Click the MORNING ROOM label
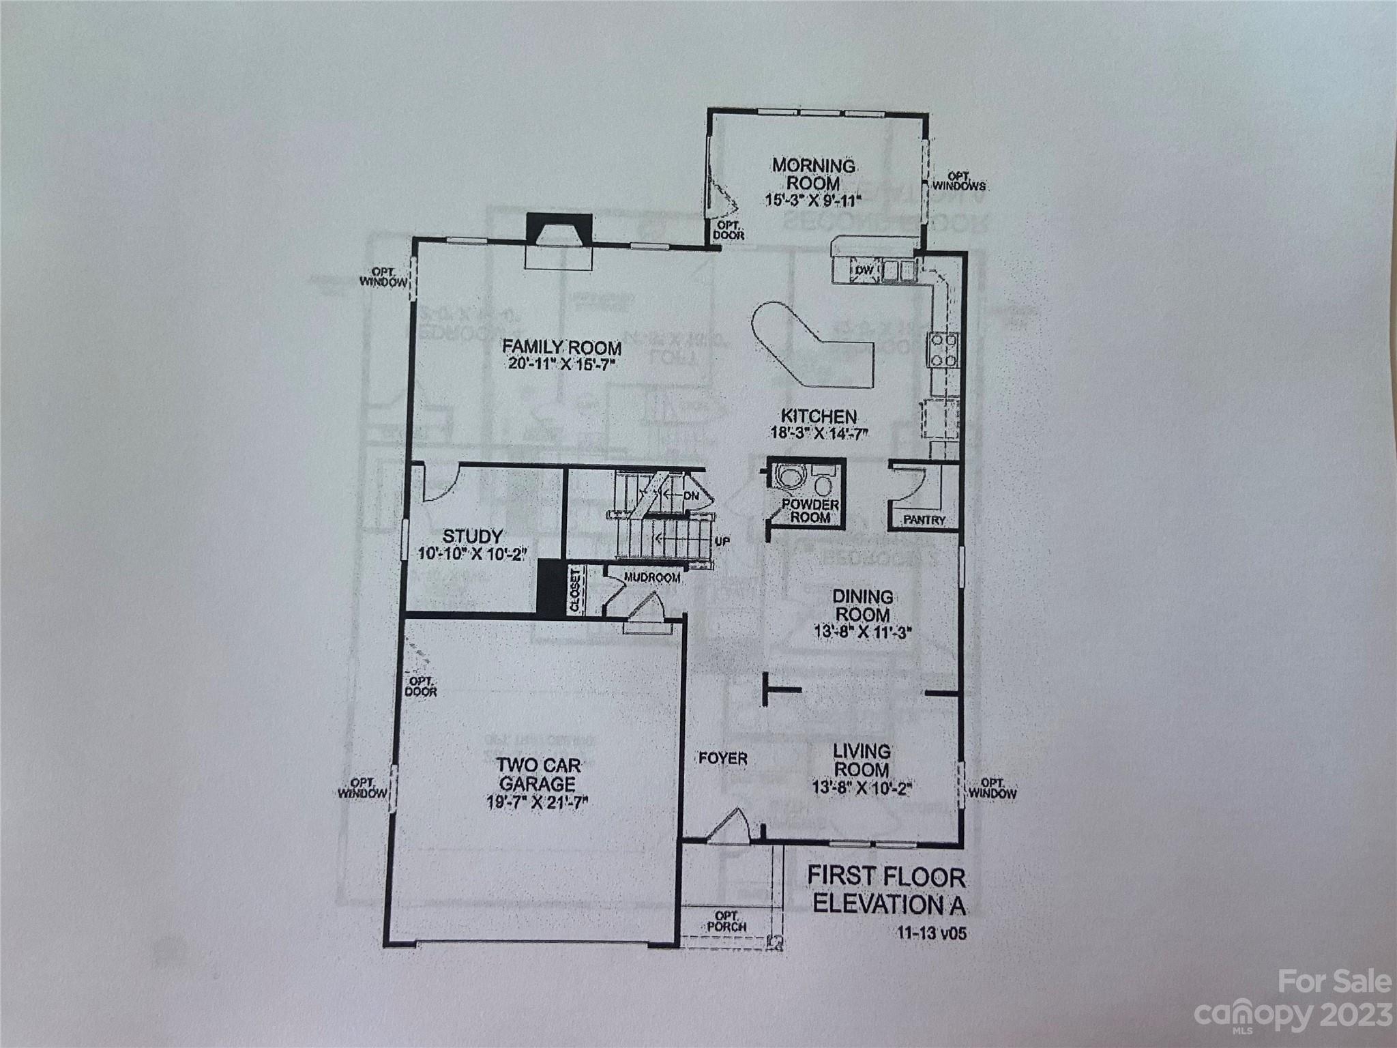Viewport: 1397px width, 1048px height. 813,175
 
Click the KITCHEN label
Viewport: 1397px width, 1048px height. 819,416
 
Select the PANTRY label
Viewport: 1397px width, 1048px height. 924,520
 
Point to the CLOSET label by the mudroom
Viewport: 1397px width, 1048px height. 575,591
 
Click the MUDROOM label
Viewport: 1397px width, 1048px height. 652,578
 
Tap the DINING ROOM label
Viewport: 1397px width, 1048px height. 862,605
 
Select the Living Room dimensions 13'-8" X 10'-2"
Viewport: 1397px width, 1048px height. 862,787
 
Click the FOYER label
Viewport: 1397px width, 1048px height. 723,758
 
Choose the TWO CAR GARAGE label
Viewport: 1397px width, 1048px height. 538,774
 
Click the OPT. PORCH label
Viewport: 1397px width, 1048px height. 726,921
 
